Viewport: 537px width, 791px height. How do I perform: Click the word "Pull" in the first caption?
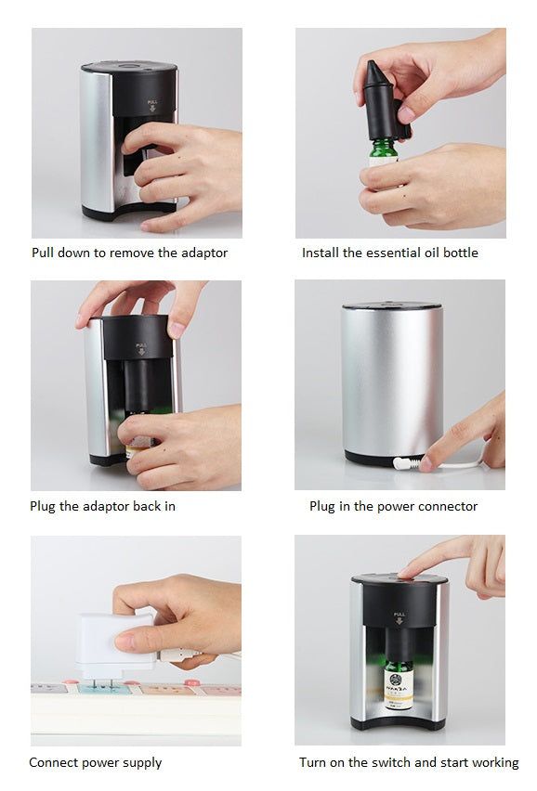(42, 253)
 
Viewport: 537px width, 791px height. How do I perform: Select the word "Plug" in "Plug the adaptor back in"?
(43, 507)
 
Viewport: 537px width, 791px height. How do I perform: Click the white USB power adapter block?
(116, 642)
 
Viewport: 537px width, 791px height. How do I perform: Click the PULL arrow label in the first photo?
(152, 106)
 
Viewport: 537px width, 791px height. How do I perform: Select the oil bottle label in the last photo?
(399, 689)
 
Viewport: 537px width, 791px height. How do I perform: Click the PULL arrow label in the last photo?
(399, 618)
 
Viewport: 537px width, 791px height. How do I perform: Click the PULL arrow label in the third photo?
(141, 349)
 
